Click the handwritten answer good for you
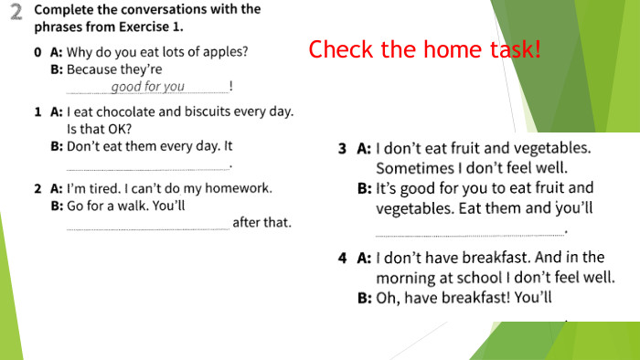tap(147, 87)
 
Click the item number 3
tap(342, 147)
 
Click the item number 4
tap(342, 258)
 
